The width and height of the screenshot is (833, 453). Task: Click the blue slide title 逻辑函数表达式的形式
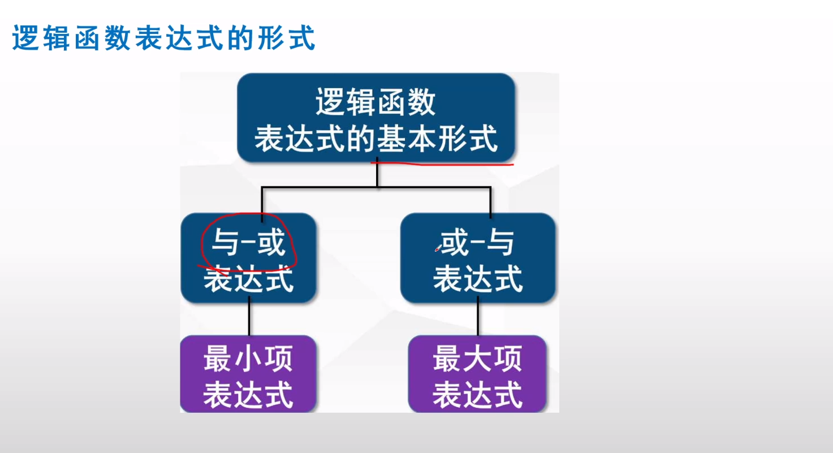pyautogui.click(x=164, y=37)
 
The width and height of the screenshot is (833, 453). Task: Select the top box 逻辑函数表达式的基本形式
pyautogui.click(x=376, y=118)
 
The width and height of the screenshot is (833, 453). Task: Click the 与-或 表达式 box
pyautogui.click(x=248, y=258)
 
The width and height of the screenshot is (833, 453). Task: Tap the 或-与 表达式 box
pyautogui.click(x=478, y=258)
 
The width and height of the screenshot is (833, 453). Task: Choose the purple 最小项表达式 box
pyautogui.click(x=248, y=374)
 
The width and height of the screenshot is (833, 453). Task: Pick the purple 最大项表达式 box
pyautogui.click(x=477, y=374)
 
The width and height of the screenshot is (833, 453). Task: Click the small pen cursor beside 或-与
pyautogui.click(x=438, y=248)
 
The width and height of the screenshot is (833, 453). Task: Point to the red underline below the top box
pyautogui.click(x=442, y=163)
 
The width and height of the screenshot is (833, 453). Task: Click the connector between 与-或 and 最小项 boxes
pyautogui.click(x=249, y=319)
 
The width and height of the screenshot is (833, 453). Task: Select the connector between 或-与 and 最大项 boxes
pyautogui.click(x=478, y=319)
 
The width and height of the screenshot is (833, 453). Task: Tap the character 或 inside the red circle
pyautogui.click(x=272, y=243)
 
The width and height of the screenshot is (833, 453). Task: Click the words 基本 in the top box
pyautogui.click(x=407, y=139)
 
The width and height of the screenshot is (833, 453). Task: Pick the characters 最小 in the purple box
pyautogui.click(x=233, y=359)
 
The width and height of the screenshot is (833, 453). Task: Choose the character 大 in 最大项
pyautogui.click(x=478, y=359)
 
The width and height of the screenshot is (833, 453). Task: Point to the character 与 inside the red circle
pyautogui.click(x=225, y=243)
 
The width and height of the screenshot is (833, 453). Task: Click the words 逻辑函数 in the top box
pyautogui.click(x=376, y=102)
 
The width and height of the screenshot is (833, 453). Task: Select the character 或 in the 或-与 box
pyautogui.click(x=455, y=243)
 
